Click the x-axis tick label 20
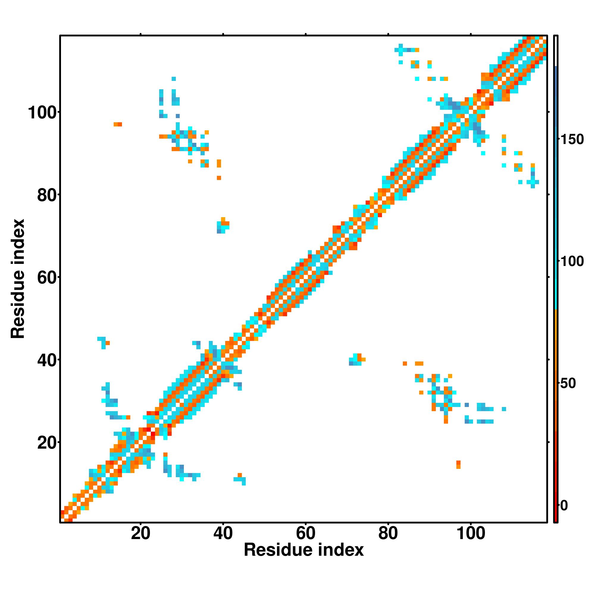click(x=140, y=534)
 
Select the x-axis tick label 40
click(x=223, y=534)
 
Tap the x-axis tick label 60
click(x=306, y=534)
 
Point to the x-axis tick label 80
click(x=388, y=534)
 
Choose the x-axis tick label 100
click(x=471, y=534)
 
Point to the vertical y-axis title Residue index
click(x=18, y=278)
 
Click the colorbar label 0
click(x=564, y=506)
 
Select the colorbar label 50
click(x=568, y=384)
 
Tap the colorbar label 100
click(x=572, y=262)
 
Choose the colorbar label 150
click(x=572, y=140)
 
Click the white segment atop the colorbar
click(x=556, y=51)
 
